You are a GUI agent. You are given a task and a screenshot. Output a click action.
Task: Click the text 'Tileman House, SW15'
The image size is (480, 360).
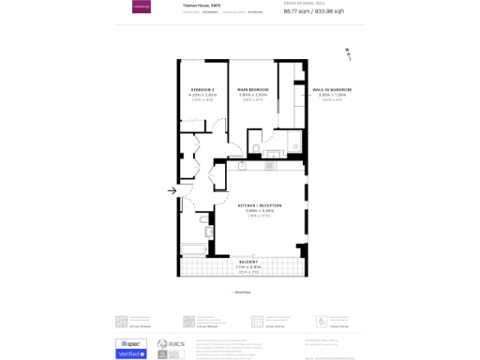tap(201, 6)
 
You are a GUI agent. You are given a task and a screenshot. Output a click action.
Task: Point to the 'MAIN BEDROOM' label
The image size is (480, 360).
tap(253, 90)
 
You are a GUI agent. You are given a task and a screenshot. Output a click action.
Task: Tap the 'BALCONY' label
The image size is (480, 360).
tap(248, 262)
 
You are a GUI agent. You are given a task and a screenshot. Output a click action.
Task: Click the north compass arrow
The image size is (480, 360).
tap(349, 52)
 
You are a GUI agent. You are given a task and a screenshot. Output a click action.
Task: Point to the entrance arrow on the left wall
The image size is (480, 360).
tap(172, 191)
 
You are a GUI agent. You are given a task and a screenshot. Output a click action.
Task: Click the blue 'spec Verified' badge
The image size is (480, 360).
tap(130, 349)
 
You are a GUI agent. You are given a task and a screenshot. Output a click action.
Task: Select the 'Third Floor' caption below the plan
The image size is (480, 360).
tap(240, 292)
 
